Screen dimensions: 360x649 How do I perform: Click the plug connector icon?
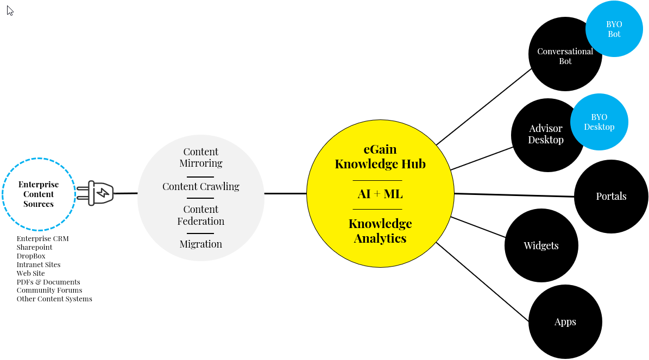96,193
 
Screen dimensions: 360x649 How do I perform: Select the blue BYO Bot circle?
614,29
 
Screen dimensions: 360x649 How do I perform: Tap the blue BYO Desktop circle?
599,122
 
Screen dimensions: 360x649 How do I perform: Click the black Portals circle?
611,197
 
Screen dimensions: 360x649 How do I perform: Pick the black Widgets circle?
541,245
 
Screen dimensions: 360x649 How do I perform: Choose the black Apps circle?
565,322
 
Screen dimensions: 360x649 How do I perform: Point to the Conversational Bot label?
565,56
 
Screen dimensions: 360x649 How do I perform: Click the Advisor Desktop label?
546,134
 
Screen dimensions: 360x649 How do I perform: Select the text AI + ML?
380,194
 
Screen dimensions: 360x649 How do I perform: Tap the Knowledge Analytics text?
380,231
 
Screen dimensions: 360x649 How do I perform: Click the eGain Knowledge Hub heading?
380,156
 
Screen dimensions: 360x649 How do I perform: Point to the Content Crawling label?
201,187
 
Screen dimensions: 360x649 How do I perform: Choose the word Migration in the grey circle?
201,244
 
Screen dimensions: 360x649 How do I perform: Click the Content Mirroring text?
201,157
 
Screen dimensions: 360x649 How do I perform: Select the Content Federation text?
201,216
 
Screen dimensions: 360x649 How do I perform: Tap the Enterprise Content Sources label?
39,194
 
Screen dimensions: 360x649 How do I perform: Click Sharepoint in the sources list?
34,248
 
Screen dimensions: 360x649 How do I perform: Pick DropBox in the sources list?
31,256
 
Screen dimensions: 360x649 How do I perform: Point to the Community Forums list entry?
49,290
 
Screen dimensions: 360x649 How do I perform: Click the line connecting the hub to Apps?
482,282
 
